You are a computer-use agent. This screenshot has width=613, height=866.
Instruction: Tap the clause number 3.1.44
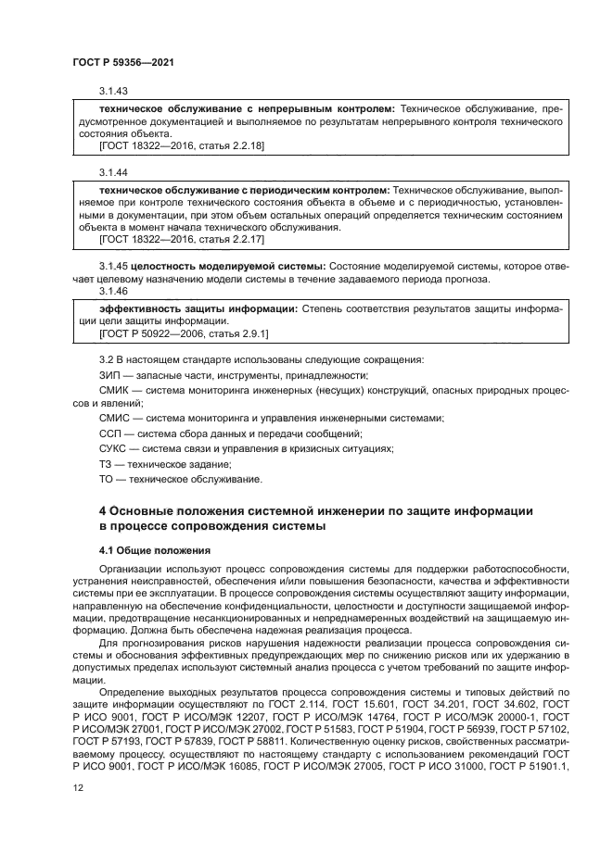click(x=113, y=173)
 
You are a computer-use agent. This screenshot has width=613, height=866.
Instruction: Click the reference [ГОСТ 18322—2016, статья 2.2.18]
click(x=182, y=146)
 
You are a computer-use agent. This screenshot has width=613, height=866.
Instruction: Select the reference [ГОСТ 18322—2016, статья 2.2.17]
click(x=182, y=239)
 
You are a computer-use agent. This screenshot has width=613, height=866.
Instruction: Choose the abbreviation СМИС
click(x=113, y=419)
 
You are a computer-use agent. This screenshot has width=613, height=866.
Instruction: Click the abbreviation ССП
click(x=110, y=434)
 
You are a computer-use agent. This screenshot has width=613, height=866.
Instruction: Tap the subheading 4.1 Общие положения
click(x=142, y=550)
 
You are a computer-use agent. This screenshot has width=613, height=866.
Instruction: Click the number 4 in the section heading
click(x=103, y=510)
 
